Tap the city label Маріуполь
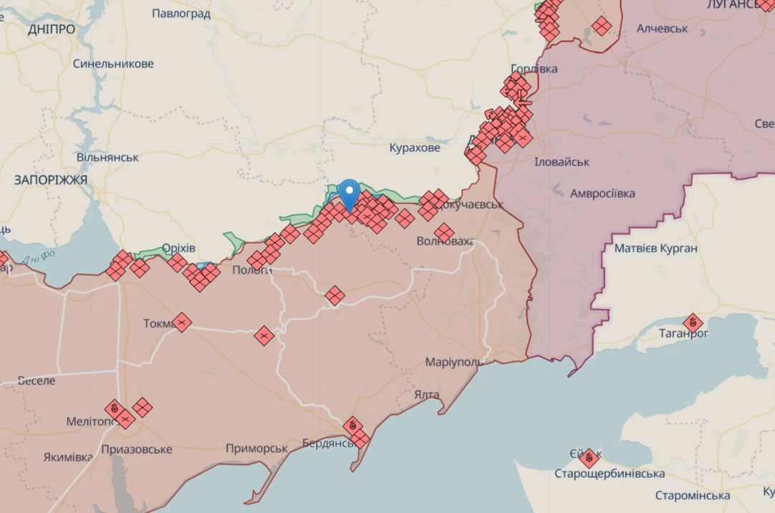pyautogui.click(x=454, y=362)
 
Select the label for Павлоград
pyautogui.click(x=181, y=13)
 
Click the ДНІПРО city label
pyautogui.click(x=52, y=29)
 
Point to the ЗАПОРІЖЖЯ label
pyautogui.click(x=51, y=180)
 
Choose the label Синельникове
pyautogui.click(x=113, y=64)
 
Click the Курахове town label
pyautogui.click(x=415, y=148)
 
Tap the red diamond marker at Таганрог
pyautogui.click(x=693, y=323)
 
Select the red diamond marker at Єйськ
pyautogui.click(x=589, y=458)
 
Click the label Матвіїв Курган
pyautogui.click(x=655, y=249)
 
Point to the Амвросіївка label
pyautogui.click(x=602, y=193)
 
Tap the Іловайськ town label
pyautogui.click(x=562, y=162)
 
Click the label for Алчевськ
pyautogui.click(x=662, y=29)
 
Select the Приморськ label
pyautogui.click(x=256, y=449)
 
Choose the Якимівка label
pyautogui.click(x=68, y=457)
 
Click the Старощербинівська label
pyautogui.click(x=609, y=474)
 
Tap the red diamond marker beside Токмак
pyautogui.click(x=182, y=323)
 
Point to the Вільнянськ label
pyautogui.click(x=107, y=157)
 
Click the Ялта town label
pyautogui.click(x=427, y=395)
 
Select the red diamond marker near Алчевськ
pyautogui.click(x=602, y=27)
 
